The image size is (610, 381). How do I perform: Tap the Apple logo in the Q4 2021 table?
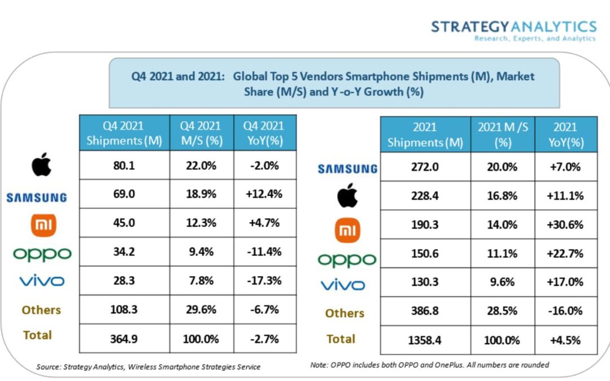[41, 164]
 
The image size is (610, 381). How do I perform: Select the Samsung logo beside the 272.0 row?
[347, 168]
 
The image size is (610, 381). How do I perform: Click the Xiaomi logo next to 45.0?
[43, 224]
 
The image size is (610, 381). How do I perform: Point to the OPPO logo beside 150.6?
[347, 259]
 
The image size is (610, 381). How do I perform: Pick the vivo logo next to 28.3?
[42, 281]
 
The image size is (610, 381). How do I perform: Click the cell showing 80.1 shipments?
[124, 165]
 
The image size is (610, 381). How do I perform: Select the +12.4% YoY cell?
[265, 195]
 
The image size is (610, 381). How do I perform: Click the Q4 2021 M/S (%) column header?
[201, 133]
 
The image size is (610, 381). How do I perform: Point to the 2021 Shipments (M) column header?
[425, 135]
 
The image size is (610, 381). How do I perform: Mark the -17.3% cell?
[265, 281]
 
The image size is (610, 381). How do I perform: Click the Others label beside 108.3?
[41, 310]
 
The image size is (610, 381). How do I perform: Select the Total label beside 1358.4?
[341, 339]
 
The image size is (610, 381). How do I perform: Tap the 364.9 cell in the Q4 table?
[124, 338]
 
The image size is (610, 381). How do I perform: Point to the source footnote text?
[149, 367]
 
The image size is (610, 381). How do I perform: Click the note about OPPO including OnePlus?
[429, 365]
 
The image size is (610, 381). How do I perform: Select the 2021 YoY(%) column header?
[565, 135]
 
